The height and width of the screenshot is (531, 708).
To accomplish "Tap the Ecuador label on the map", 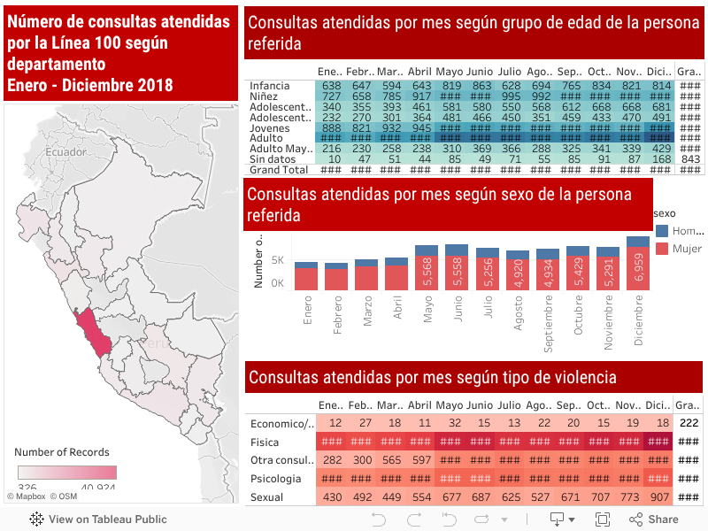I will point(66,152).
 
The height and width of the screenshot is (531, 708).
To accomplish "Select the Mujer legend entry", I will point(687,250).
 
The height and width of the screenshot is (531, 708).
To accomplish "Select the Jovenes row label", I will point(270,127).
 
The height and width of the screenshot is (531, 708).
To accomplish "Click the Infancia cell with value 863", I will point(482,86).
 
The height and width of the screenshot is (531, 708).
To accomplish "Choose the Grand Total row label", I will point(279,170).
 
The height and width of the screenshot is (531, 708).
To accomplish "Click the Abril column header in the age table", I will point(420,72).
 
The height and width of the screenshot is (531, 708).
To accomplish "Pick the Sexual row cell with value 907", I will point(658,497).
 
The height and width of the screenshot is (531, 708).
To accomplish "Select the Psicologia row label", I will point(276,479).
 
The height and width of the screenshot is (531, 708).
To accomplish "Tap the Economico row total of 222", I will point(689,423).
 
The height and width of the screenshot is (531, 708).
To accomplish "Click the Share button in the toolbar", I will point(654,519).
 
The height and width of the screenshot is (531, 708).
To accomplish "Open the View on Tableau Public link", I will point(98,519).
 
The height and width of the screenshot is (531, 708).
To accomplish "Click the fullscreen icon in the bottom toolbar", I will point(603,519).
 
